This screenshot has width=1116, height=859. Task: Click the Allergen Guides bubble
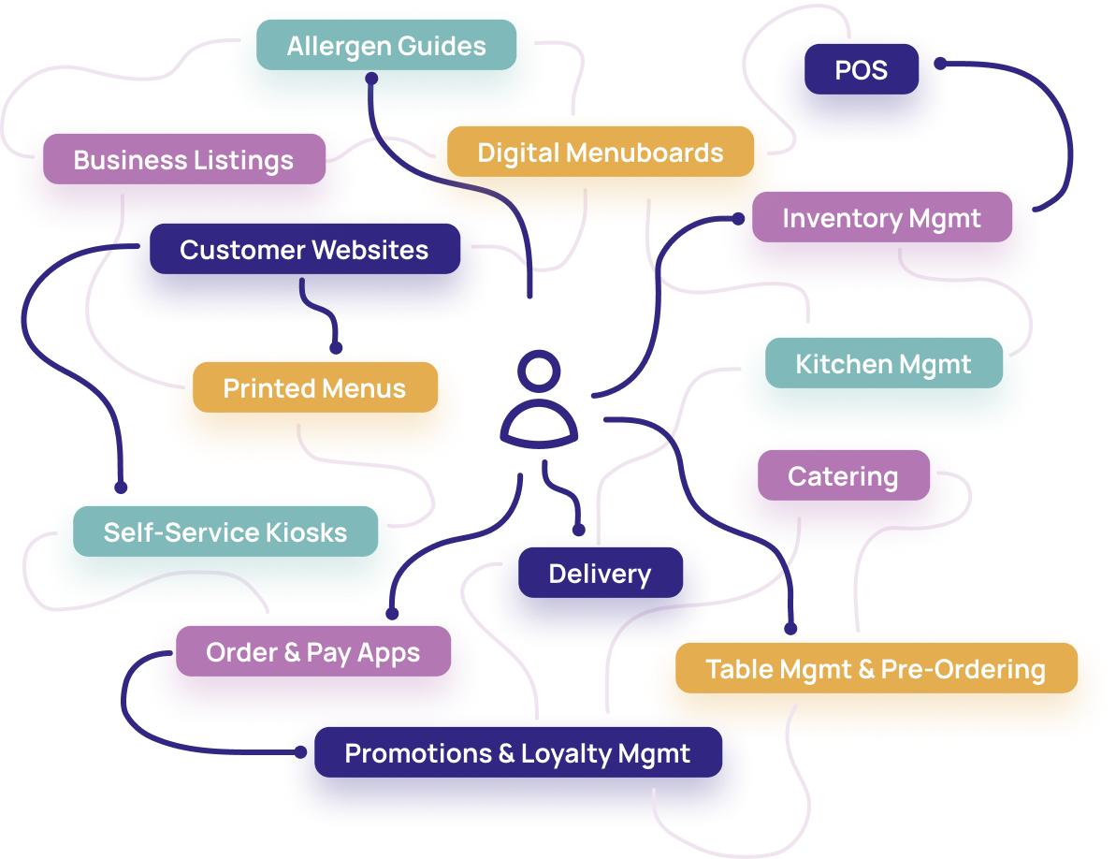point(386,47)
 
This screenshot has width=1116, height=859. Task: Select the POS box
point(861,70)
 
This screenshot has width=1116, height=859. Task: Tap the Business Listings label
point(183,160)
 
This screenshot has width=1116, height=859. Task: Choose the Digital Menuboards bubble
point(600,153)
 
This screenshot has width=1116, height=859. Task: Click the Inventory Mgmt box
point(881,219)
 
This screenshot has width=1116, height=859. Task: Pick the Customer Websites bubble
point(304,251)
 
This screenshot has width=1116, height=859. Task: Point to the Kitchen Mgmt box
point(883,364)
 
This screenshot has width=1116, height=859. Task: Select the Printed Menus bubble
point(314,388)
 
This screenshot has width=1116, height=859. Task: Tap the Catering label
point(843,476)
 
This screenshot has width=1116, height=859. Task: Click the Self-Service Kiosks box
point(225,532)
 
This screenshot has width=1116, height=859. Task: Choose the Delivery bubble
point(600,574)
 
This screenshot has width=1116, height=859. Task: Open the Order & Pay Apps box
point(312,652)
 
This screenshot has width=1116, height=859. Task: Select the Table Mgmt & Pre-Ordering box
point(875,669)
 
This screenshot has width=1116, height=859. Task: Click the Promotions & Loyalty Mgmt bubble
point(517,753)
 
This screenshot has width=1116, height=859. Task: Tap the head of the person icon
point(537,372)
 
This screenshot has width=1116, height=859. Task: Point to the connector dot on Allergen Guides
point(371,79)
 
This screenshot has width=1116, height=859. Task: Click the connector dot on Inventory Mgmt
point(738,219)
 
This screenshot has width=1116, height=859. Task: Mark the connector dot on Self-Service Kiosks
point(121,487)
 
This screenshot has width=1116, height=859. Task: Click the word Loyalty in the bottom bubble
point(560,754)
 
